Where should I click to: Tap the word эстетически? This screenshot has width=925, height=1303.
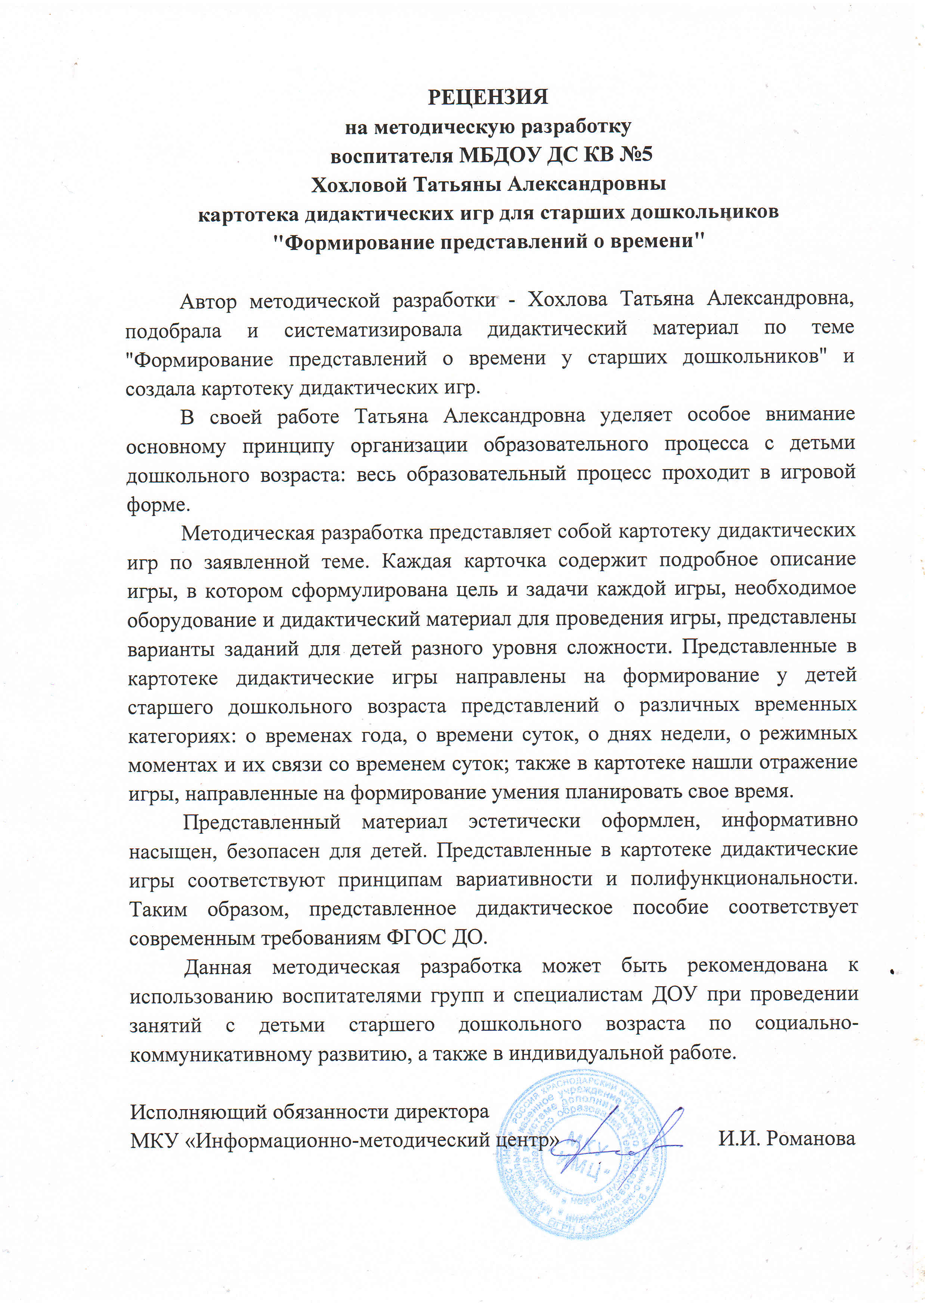(524, 821)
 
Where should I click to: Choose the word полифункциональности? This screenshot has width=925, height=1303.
(743, 879)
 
